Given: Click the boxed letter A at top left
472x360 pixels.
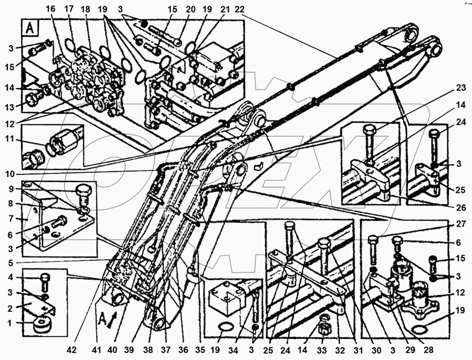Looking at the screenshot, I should (x=29, y=28).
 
